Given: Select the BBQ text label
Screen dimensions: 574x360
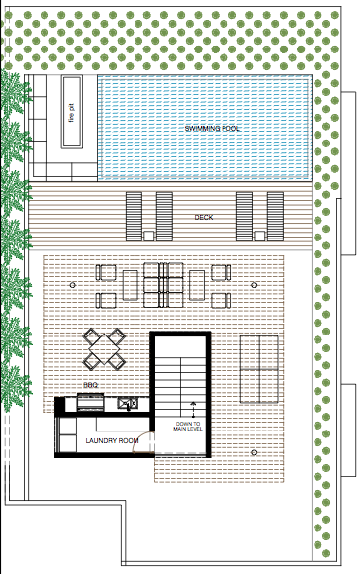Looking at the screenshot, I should pyautogui.click(x=90, y=386).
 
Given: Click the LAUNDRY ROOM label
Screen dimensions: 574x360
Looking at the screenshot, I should pyautogui.click(x=109, y=440).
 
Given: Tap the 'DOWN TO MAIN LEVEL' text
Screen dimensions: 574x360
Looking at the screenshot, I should pyautogui.click(x=188, y=426).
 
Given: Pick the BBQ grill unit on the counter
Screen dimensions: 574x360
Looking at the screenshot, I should pyautogui.click(x=90, y=403).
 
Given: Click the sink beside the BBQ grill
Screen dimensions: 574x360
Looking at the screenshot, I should pyautogui.click(x=127, y=404).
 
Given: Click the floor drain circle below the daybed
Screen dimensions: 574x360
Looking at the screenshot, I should pyautogui.click(x=255, y=453).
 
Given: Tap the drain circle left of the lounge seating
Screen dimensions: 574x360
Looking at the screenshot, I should pyautogui.click(x=71, y=285).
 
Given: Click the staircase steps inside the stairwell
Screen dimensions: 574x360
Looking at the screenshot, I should pyautogui.click(x=183, y=371).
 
